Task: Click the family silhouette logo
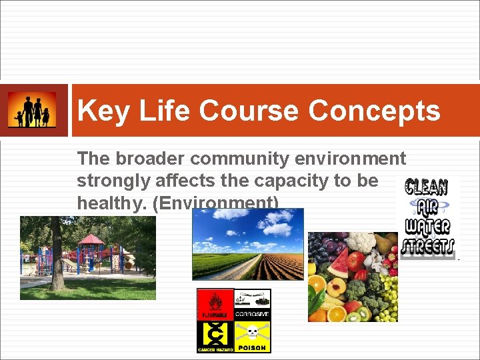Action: (x=32, y=111)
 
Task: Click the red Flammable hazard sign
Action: (x=215, y=305)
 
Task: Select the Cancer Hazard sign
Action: (x=215, y=336)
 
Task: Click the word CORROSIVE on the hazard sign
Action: (x=253, y=314)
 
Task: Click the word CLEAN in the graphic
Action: (x=426, y=186)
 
